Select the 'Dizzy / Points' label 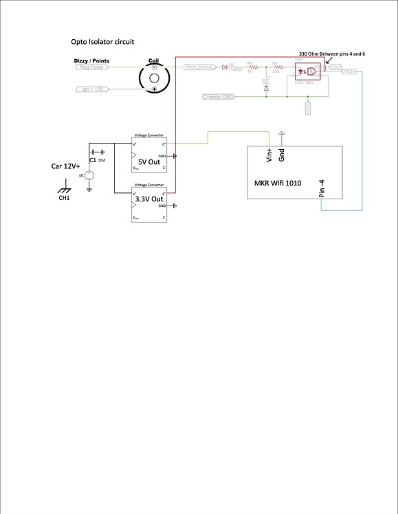point(91,61)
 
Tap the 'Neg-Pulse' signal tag point(91,67)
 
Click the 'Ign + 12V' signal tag point(91,89)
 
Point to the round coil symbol point(155,78)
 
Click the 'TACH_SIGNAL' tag point(201,67)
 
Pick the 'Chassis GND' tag point(219,96)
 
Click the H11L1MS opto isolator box point(310,71)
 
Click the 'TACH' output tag point(349,71)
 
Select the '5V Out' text point(150,162)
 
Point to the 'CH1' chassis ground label point(64,199)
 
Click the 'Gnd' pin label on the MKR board point(282,155)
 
